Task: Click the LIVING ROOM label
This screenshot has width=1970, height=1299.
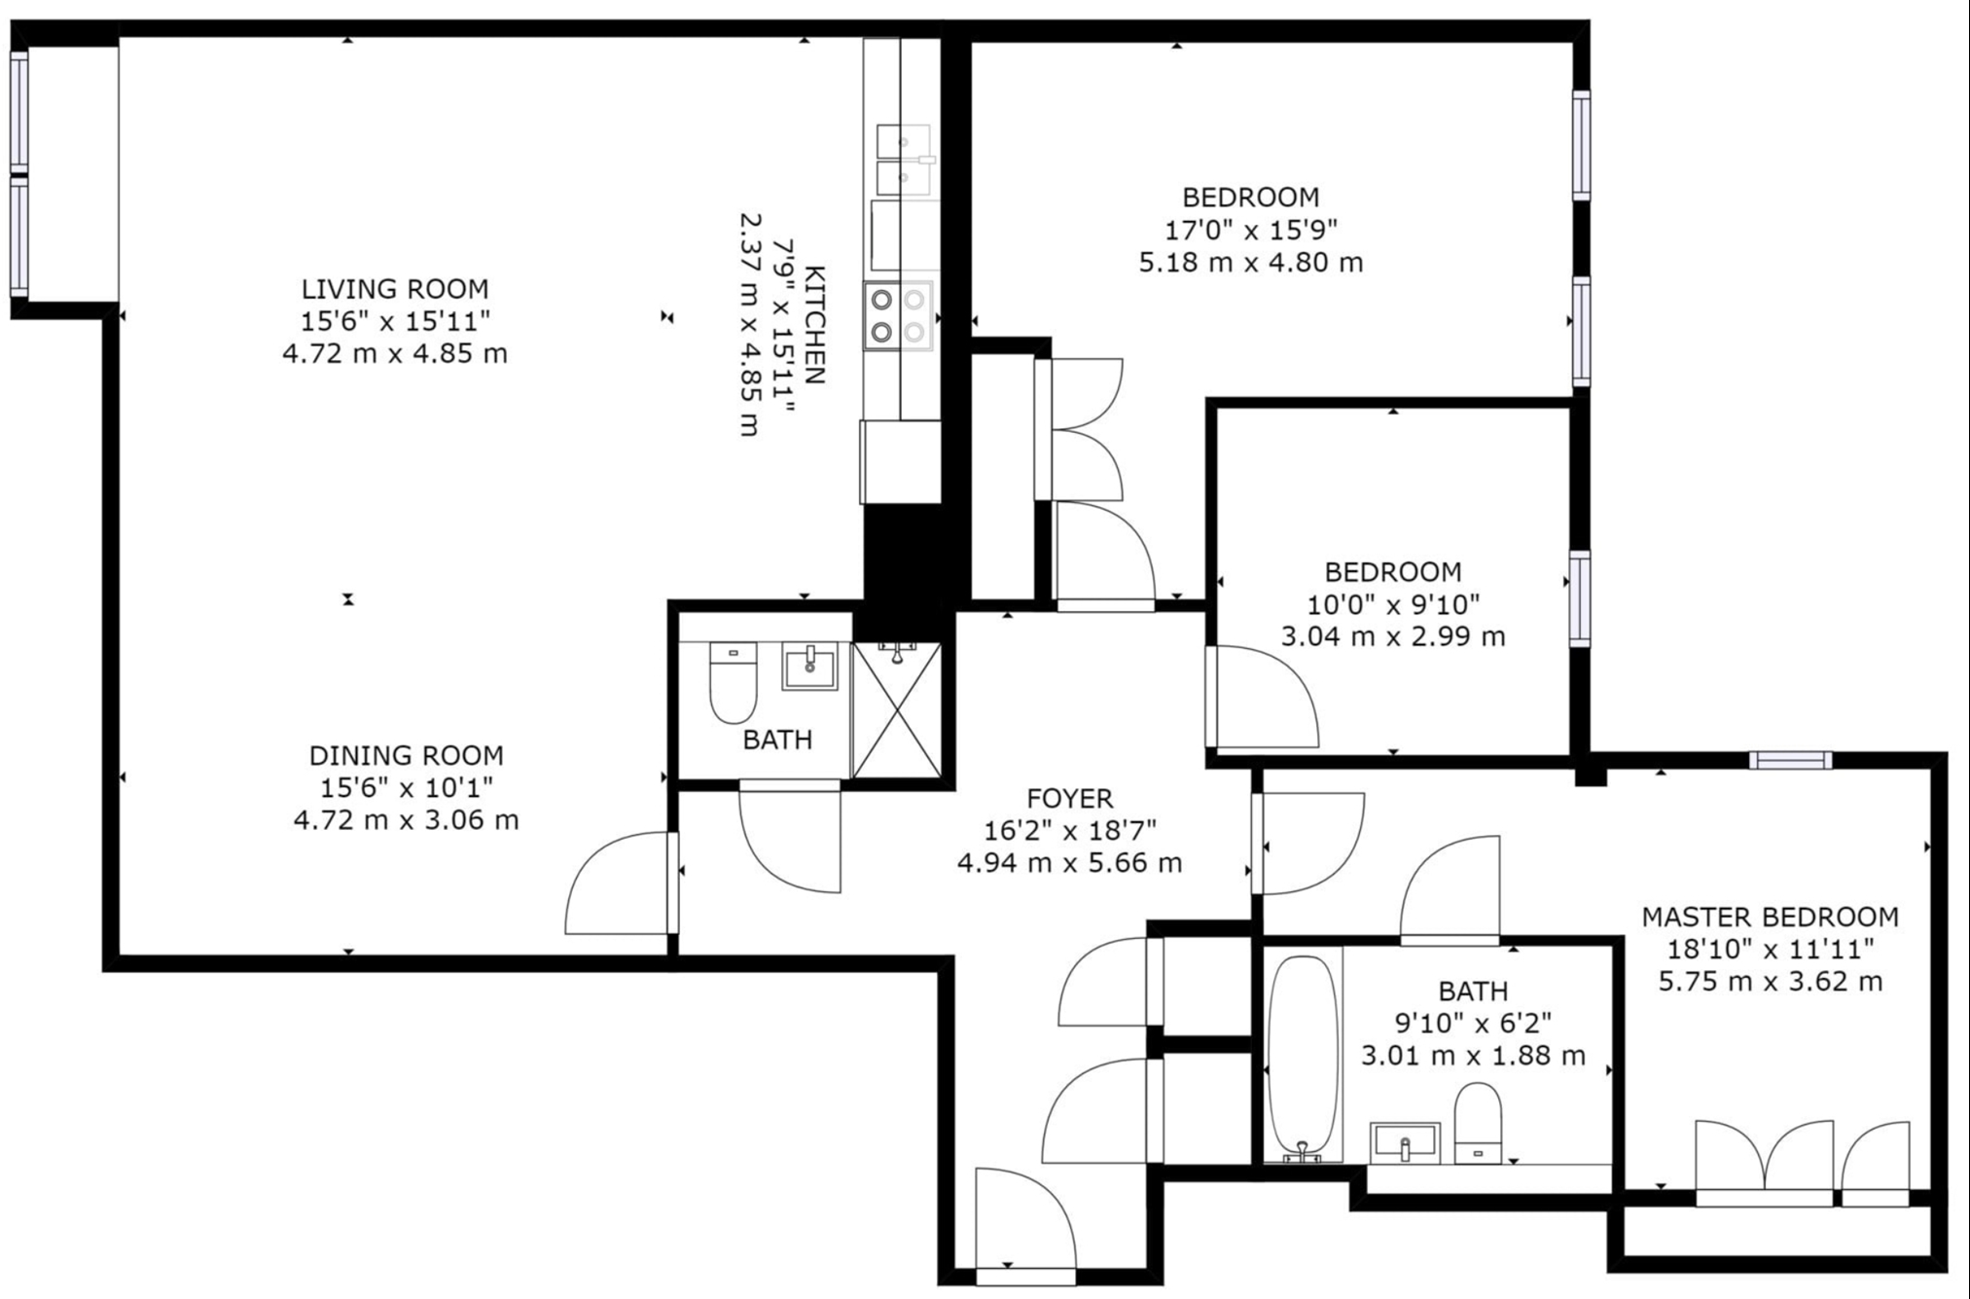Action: [395, 289]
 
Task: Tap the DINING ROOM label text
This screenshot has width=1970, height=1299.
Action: [407, 755]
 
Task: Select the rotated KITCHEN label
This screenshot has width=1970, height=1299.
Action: [815, 325]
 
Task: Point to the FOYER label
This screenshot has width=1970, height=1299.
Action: [1070, 799]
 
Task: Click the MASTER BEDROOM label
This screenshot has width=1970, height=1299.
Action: [1771, 917]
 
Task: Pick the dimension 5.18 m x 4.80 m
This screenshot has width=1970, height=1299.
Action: [1251, 263]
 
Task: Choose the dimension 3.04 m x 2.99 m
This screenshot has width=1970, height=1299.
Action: [1393, 637]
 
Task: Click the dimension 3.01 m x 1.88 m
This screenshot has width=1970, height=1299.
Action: [1473, 1056]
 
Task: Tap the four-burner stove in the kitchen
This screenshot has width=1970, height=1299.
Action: [898, 316]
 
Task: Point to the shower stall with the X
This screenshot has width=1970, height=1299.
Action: [897, 710]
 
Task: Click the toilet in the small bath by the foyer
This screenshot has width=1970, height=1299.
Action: [734, 682]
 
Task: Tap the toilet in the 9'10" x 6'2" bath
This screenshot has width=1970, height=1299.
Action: [1479, 1124]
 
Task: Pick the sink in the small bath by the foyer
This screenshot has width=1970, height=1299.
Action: [810, 667]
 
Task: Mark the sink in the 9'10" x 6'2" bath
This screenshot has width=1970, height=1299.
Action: [1405, 1142]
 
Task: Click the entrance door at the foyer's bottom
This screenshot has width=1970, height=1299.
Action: [1025, 1220]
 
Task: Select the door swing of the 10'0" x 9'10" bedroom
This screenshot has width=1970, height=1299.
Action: [1263, 697]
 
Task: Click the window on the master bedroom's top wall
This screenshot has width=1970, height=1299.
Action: [1790, 761]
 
